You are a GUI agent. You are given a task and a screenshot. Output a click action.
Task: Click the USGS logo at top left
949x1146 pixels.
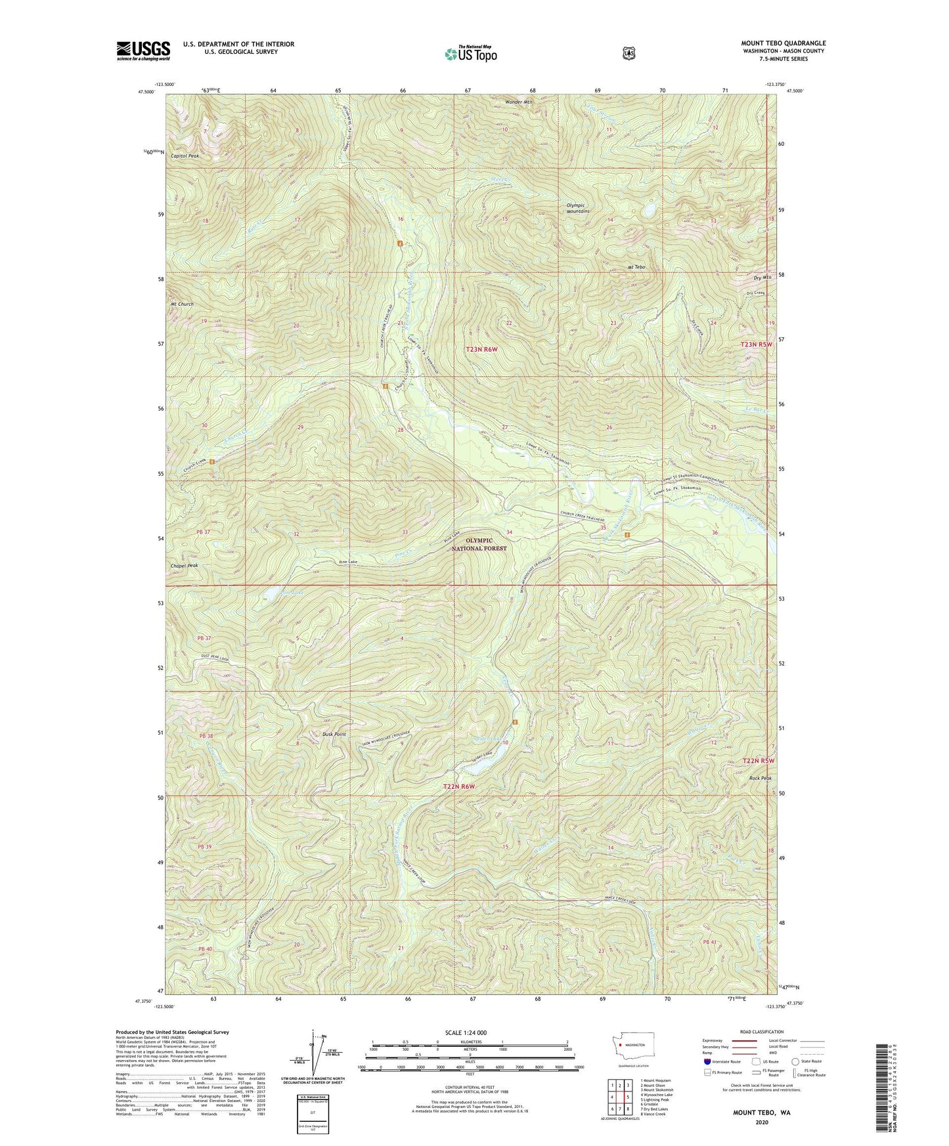(143, 51)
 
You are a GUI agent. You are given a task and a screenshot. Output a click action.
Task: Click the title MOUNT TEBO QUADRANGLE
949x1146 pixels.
(783, 43)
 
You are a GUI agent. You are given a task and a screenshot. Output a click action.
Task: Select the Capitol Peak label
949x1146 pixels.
(185, 156)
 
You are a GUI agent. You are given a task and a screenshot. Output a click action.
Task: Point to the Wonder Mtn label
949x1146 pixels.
(519, 102)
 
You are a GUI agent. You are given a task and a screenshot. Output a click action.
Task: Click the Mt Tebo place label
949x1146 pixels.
(636, 267)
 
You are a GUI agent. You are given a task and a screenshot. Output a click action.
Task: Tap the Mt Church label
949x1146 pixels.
(182, 305)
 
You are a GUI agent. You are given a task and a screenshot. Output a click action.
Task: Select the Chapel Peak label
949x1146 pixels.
(184, 565)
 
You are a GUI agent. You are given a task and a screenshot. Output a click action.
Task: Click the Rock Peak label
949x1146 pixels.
(760, 778)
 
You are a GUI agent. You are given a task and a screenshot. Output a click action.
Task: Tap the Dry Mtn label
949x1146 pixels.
(762, 278)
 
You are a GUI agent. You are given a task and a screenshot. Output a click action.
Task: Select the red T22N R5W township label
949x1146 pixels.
(758, 761)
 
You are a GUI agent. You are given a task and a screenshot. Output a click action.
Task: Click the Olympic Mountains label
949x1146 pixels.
(578, 208)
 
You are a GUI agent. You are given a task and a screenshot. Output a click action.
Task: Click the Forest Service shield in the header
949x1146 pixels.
(629, 53)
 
